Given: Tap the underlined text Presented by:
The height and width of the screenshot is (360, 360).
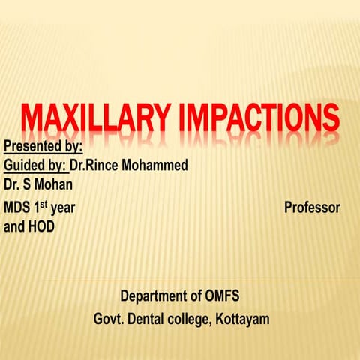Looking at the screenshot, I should click(43, 145).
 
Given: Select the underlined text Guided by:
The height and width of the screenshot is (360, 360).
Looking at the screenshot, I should click(34, 165).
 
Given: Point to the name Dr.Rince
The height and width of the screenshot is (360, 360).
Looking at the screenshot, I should click(94, 165).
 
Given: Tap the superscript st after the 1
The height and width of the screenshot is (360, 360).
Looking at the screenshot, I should click(46, 203).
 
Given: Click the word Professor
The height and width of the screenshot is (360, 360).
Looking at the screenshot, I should click(312, 207).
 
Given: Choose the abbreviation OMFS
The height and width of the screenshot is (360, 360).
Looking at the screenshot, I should click(223, 296).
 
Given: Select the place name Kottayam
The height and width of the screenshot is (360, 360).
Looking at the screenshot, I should click(244, 319).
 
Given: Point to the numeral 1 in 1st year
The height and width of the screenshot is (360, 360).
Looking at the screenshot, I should click(37, 207).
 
